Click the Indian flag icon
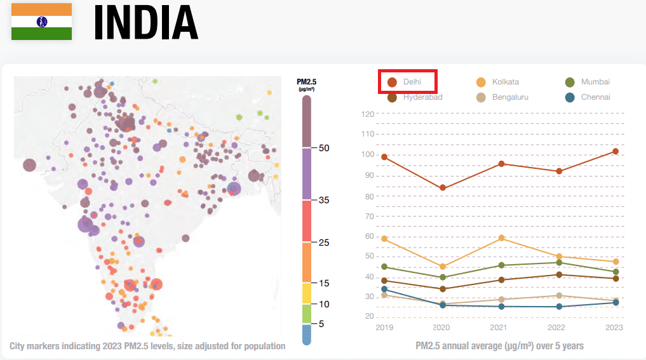pyautogui.click(x=41, y=22)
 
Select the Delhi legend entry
pyautogui.click(x=407, y=82)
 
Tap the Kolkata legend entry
pyautogui.click(x=498, y=82)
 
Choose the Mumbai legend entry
pyautogui.click(x=588, y=82)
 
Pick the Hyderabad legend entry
pyautogui.click(x=415, y=97)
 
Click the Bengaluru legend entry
pyautogui.click(x=502, y=97)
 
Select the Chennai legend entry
pyautogui.click(x=588, y=97)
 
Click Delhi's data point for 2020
pyautogui.click(x=443, y=188)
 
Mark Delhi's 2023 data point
pyautogui.click(x=616, y=151)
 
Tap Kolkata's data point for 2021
pyautogui.click(x=501, y=237)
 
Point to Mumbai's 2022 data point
pyautogui.click(x=559, y=262)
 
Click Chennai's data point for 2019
pyautogui.click(x=384, y=290)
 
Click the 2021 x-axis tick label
pyautogui.click(x=500, y=328)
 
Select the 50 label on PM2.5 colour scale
pyautogui.click(x=323, y=148)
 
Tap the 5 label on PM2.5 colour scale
pyautogui.click(x=321, y=324)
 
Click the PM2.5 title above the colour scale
pyautogui.click(x=306, y=82)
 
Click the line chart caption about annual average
pyautogui.click(x=499, y=346)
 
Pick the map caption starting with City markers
pyautogui.click(x=147, y=346)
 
